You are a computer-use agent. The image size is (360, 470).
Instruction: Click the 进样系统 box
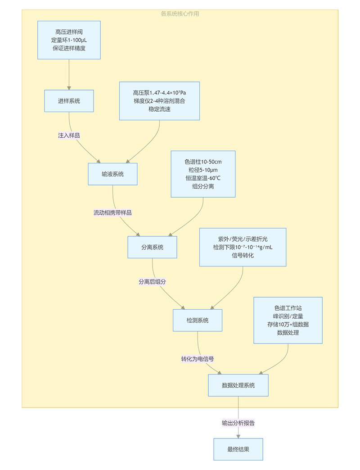69,101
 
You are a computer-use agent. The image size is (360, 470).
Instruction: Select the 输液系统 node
112,174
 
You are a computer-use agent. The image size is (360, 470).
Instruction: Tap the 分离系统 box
152,247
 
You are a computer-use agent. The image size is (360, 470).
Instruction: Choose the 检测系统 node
198,320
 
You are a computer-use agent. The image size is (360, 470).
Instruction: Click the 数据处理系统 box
238,385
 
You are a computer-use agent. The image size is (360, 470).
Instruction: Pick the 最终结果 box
238,449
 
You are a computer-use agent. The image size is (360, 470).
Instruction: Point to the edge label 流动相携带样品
112,212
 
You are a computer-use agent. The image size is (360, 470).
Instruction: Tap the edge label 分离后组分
153,281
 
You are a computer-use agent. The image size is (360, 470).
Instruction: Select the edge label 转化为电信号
198,359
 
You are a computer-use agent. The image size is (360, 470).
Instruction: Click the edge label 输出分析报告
238,423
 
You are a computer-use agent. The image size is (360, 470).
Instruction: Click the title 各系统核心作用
180,14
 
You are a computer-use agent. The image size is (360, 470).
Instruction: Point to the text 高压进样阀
69,32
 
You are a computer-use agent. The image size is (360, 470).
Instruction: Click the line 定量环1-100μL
69,40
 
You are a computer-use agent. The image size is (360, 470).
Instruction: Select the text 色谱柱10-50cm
203,162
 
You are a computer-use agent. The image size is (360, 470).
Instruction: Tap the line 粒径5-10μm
203,170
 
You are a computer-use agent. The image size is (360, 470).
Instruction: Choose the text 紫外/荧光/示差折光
243,239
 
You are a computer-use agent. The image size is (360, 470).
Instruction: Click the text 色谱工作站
288,308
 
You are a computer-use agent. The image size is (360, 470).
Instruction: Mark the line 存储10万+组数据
288,325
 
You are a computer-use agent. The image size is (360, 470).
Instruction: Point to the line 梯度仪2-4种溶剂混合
159,101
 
